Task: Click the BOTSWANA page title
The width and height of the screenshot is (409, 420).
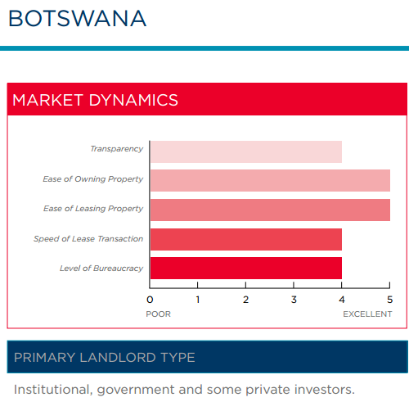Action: [78, 19]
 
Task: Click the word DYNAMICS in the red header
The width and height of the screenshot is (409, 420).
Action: [133, 100]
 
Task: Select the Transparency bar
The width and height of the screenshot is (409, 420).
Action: [246, 152]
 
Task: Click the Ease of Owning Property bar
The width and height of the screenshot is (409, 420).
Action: [270, 181]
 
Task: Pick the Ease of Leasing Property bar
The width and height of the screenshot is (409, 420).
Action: [270, 210]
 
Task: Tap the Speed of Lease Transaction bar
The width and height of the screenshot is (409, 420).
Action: [246, 239]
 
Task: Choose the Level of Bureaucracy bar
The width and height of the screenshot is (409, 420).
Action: [246, 268]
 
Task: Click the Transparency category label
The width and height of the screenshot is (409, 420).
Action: [117, 149]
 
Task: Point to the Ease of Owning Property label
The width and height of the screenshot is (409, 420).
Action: [93, 179]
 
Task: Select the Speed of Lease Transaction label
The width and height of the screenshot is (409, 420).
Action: [88, 239]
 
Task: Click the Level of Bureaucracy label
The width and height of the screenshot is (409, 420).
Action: [101, 269]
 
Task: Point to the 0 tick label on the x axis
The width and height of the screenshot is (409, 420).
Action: [150, 300]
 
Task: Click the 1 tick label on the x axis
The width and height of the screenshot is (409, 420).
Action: [198, 300]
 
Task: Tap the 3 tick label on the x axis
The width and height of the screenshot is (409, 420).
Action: [294, 300]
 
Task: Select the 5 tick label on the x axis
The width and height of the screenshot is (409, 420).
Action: [389, 300]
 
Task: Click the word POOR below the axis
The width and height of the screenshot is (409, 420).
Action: [158, 314]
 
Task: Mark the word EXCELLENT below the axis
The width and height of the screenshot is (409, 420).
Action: [367, 314]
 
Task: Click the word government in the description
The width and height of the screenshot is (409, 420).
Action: [136, 391]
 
